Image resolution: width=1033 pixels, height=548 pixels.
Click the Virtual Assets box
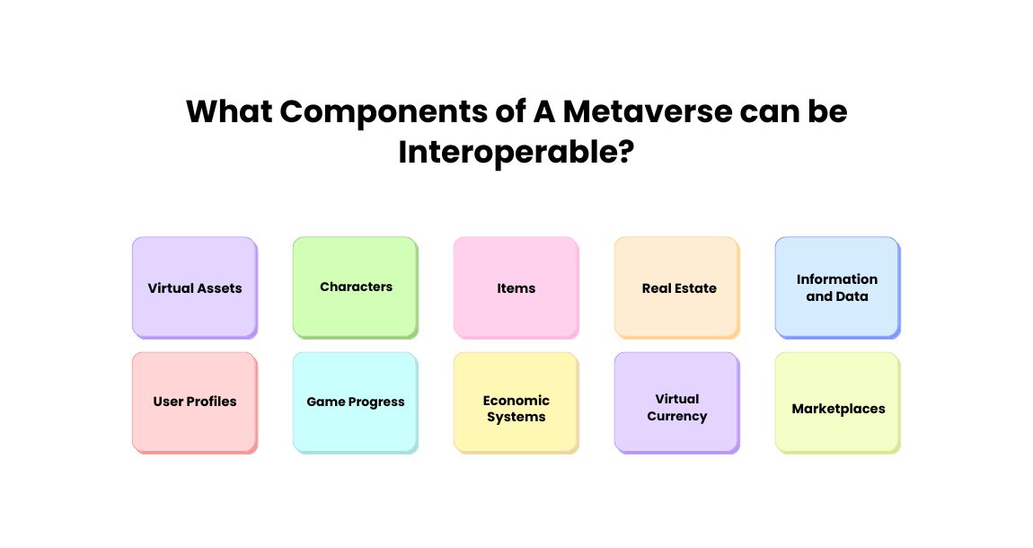(x=194, y=287)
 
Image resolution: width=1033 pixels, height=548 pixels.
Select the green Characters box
(x=355, y=287)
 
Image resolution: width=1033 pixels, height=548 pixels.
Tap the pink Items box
(x=516, y=287)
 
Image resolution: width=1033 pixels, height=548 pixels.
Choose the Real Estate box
(x=676, y=287)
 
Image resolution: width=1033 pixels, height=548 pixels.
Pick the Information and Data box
(x=837, y=287)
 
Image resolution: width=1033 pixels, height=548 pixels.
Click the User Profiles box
(x=194, y=402)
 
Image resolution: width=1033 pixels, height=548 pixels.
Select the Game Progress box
(x=355, y=402)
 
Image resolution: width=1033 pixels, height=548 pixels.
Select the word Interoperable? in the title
(x=516, y=152)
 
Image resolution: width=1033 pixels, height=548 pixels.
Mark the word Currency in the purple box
(x=677, y=417)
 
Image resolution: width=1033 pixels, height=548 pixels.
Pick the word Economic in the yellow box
(x=516, y=401)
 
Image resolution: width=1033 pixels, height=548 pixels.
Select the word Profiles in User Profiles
(x=212, y=402)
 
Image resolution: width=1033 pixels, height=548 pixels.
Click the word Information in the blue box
(x=837, y=279)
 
